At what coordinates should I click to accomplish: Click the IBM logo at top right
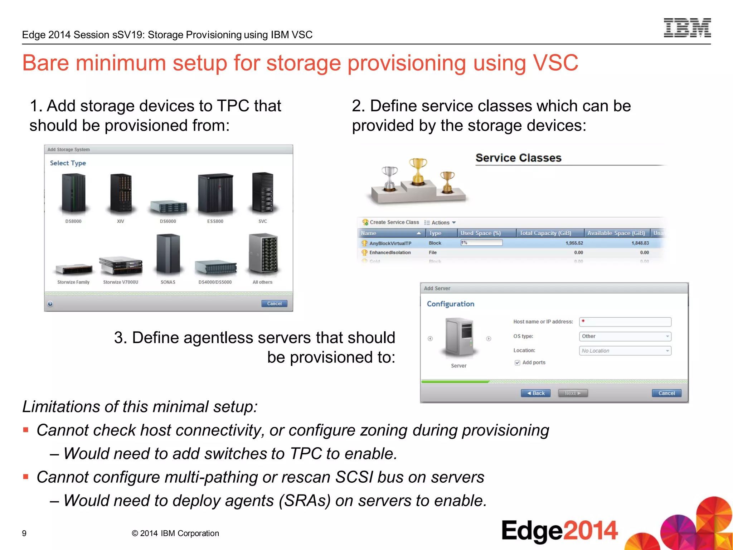click(687, 28)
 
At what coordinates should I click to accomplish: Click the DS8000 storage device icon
click(73, 194)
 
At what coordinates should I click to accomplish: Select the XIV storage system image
click(121, 194)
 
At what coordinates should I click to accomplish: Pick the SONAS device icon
click(168, 255)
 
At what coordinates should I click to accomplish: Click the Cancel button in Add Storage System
click(274, 304)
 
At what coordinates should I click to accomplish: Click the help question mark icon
click(50, 304)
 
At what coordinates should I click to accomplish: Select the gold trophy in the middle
click(418, 172)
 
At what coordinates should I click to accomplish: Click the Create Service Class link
click(394, 222)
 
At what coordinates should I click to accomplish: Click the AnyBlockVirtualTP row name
click(390, 243)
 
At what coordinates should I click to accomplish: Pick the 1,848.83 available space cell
click(640, 243)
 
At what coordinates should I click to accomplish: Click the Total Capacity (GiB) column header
click(545, 233)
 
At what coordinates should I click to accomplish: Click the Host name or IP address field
click(625, 322)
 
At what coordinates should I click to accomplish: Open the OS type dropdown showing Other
click(625, 336)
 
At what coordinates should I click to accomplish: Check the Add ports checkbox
click(517, 363)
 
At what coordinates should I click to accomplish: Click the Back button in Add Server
click(535, 393)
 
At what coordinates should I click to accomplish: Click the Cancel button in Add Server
click(666, 393)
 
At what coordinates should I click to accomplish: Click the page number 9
click(24, 534)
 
